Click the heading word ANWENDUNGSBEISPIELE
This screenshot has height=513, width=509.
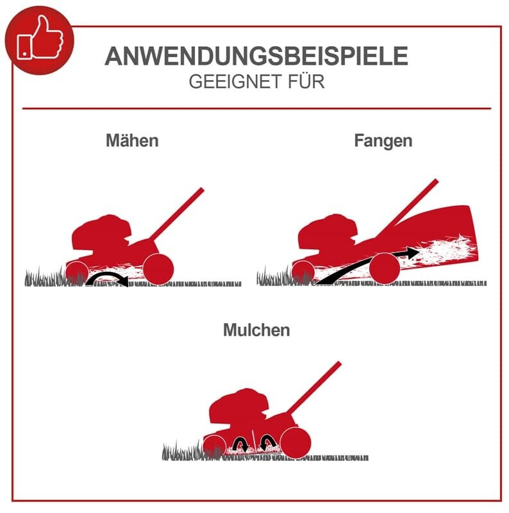pos(256,56)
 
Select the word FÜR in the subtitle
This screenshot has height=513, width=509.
pos(306,83)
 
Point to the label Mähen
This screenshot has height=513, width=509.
pos(132,141)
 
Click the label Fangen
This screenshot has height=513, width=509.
pos(383,141)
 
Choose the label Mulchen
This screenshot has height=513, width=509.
pos(256,330)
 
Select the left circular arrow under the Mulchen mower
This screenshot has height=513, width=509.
pos(241,442)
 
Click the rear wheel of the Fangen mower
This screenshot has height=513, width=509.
pos(385,267)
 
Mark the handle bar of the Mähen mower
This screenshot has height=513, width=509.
pos(179,212)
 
